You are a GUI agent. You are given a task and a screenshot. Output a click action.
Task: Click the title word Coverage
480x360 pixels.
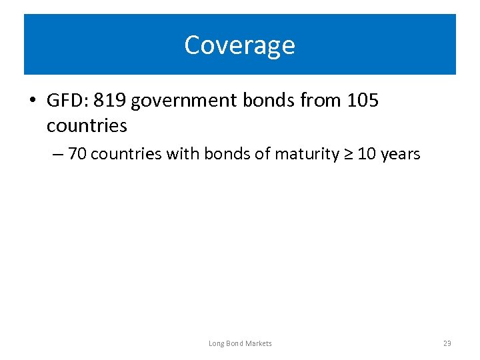(x=239, y=45)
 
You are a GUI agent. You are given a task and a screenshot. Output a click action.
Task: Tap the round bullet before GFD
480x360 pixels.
(x=33, y=101)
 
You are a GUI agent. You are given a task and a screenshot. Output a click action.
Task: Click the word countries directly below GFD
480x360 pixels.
(x=87, y=125)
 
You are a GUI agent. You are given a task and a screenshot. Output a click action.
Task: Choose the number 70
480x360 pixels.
(x=77, y=154)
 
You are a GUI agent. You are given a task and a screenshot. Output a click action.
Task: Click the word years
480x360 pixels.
(x=400, y=155)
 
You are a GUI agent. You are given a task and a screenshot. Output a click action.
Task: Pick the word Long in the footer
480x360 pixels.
(x=215, y=343)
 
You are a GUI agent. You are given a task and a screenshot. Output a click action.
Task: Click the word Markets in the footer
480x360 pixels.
(x=258, y=343)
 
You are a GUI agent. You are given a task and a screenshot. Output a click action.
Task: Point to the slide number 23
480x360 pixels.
(x=447, y=343)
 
